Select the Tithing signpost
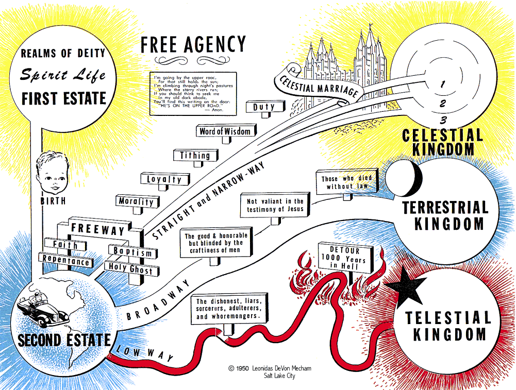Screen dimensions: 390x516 (195, 155)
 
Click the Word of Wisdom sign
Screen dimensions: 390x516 (225, 131)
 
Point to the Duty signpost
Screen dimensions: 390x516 (264, 107)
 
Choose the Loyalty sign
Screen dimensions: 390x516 (164, 179)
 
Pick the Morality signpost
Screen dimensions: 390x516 (136, 201)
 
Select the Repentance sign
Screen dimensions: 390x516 (65, 261)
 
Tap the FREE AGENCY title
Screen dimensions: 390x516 (193, 45)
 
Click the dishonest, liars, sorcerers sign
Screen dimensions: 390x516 (230, 309)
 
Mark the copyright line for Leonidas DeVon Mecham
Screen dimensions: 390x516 (270, 368)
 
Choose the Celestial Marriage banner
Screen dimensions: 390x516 (319, 87)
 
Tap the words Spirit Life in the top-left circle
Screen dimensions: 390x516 (63, 75)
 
